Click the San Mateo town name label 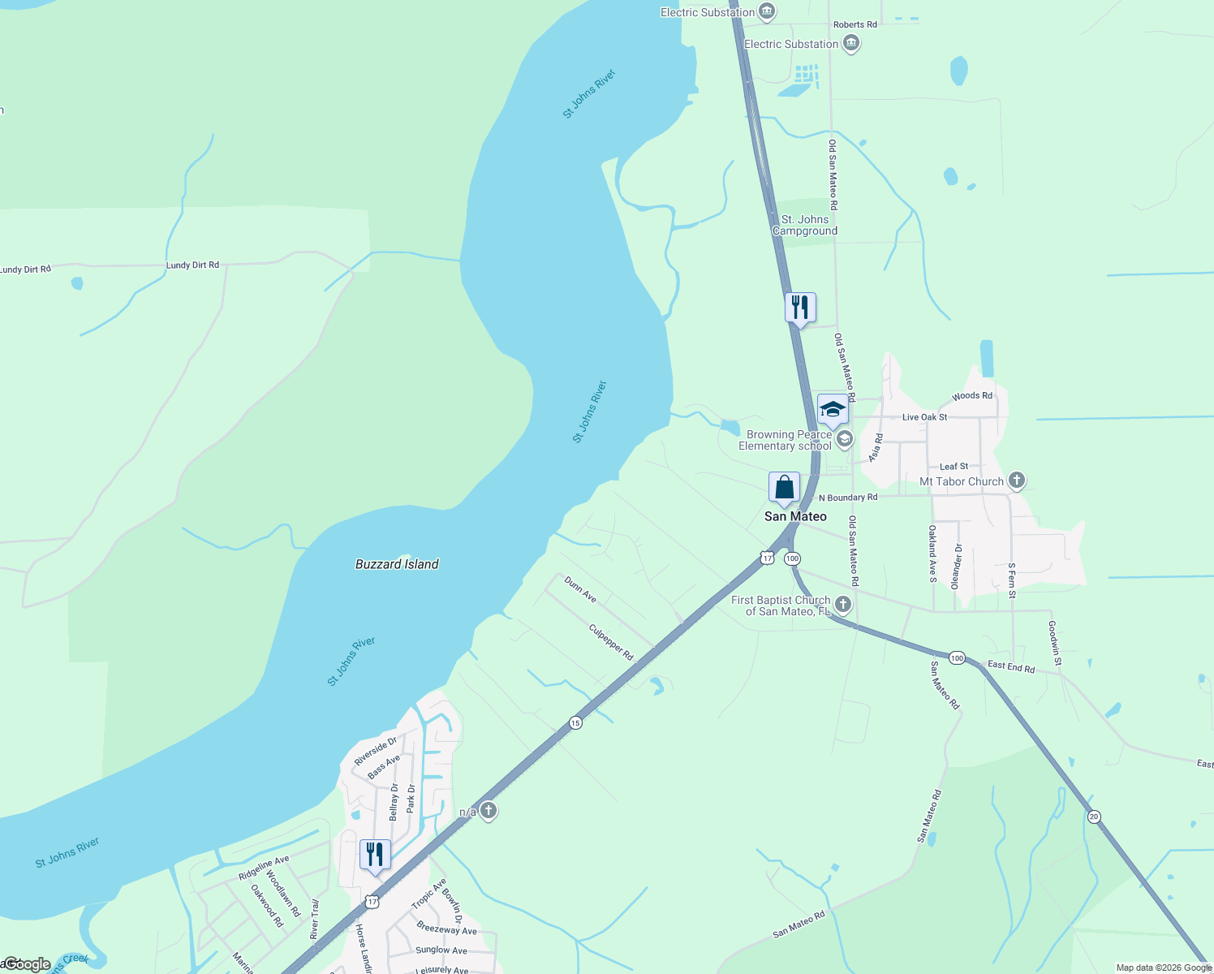[x=795, y=516]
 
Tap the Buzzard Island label [x=397, y=564]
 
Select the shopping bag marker [x=784, y=488]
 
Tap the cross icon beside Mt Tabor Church [x=1016, y=481]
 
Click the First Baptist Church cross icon [x=843, y=605]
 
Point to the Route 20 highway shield [x=1095, y=817]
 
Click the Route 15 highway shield [x=575, y=722]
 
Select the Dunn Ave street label [x=580, y=590]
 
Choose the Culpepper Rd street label [x=611, y=642]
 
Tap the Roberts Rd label [x=855, y=24]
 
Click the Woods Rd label [x=971, y=396]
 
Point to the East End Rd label [x=1010, y=667]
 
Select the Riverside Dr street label [x=376, y=751]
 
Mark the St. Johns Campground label [x=805, y=225]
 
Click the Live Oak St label [x=924, y=417]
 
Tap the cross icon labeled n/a [x=488, y=811]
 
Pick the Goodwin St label [x=1054, y=644]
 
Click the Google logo [x=27, y=964]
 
